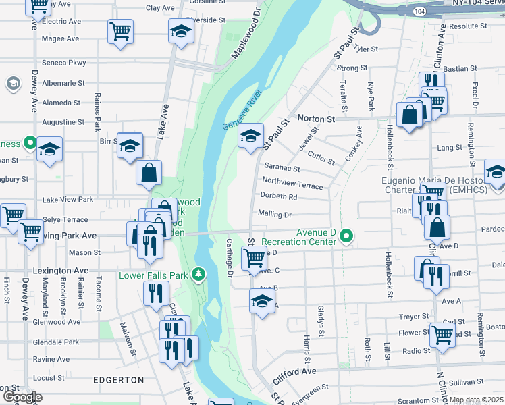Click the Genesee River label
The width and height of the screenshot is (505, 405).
pos(242,110)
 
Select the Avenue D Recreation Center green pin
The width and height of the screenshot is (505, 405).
pos(347,236)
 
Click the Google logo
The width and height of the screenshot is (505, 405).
pos(22,397)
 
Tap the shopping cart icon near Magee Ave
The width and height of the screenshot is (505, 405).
pos(120,31)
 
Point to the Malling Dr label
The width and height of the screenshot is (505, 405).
pos(274,215)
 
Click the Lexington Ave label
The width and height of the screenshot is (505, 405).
pos(61,271)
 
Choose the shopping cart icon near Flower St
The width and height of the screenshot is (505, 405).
pos(442,335)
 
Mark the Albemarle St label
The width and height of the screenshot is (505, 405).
pos(63,83)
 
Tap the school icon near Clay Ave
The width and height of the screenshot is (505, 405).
pos(181,32)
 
